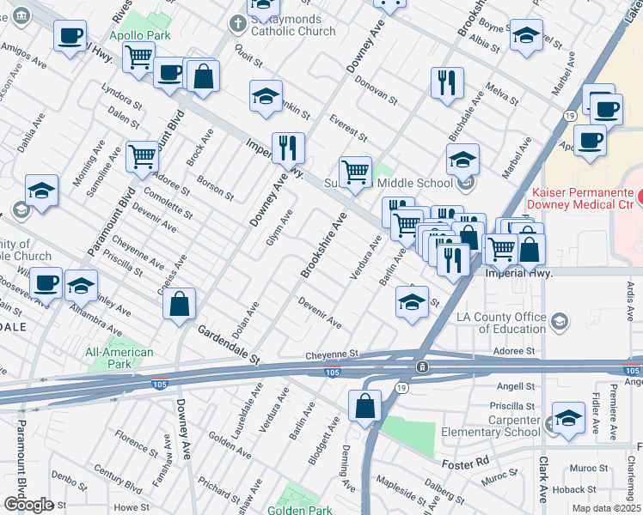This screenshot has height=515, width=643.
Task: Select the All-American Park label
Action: (119, 358)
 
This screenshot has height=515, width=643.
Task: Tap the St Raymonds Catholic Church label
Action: (288, 31)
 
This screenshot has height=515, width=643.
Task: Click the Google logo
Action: (28, 504)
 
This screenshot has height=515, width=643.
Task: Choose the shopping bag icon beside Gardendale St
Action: (179, 304)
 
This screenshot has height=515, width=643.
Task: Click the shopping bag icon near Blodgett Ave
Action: (365, 405)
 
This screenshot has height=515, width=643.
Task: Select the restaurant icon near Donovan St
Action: (447, 82)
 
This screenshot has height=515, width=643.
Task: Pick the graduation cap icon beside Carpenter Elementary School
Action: (568, 418)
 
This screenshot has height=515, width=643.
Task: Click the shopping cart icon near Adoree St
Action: (142, 156)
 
